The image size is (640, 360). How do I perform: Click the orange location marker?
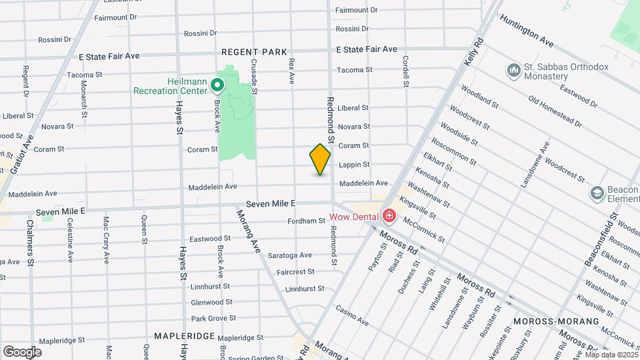[x=320, y=159]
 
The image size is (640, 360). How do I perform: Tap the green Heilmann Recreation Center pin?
[x=217, y=85]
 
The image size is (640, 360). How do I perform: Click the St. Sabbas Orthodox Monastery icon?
[x=513, y=71]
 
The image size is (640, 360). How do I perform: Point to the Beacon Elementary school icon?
[x=597, y=194]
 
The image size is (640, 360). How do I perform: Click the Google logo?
[x=22, y=352]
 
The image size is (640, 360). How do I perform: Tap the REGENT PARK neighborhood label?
[x=254, y=51]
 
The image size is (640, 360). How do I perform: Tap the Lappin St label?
[x=354, y=164]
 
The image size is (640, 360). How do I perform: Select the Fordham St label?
[x=306, y=221]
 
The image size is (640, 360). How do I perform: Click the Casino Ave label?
[x=352, y=316]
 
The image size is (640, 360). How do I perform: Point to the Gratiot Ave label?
[x=26, y=153]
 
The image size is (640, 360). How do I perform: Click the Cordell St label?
[x=405, y=71]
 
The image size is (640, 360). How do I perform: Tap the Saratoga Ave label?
[x=290, y=255]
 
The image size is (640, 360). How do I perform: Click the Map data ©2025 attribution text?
[x=611, y=354]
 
